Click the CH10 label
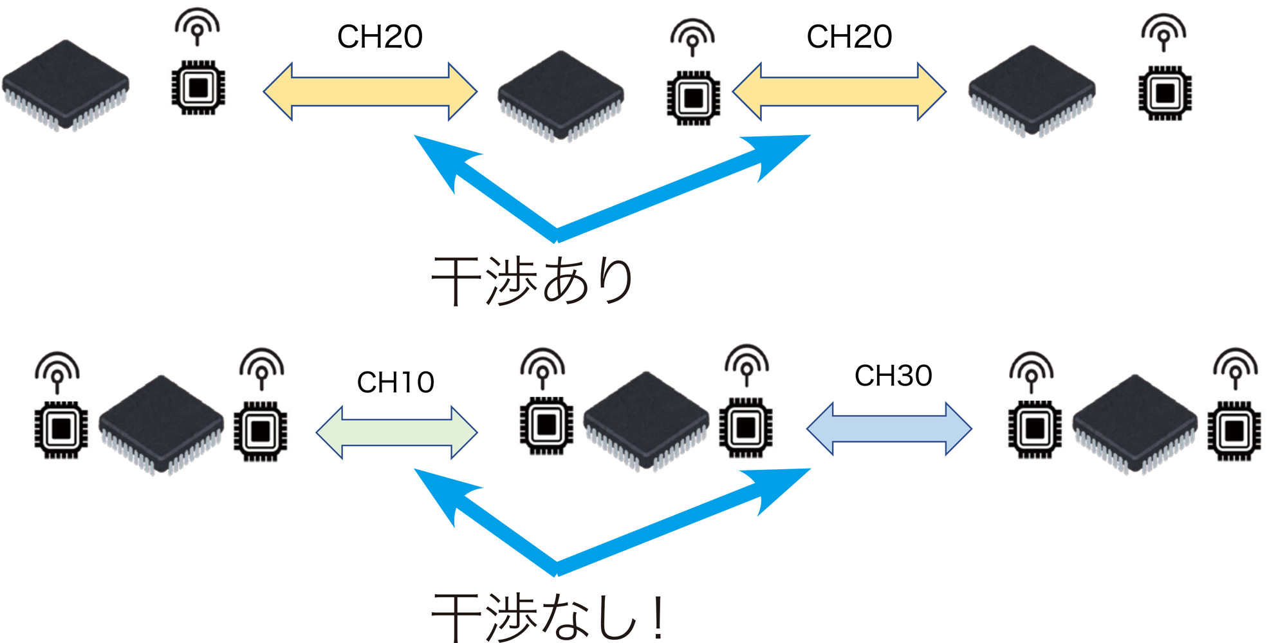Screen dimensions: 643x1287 tap(395, 382)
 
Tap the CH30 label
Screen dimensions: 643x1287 tap(893, 376)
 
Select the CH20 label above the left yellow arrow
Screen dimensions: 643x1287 tap(380, 37)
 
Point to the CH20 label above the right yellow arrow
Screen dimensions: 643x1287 tap(849, 37)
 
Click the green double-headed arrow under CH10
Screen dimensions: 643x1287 tap(396, 433)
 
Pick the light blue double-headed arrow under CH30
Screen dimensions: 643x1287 tap(889, 429)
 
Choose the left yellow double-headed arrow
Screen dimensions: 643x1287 tap(370, 92)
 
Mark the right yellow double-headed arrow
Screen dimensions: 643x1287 tap(839, 92)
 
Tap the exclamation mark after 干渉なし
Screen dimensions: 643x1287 tap(658, 617)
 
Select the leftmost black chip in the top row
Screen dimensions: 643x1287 tap(66, 85)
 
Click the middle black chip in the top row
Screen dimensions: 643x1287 tap(560, 95)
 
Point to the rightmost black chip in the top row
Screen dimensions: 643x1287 tap(1032, 90)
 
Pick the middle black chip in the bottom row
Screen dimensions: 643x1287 tap(646, 420)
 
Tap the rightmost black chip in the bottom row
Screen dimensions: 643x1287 tap(1134, 424)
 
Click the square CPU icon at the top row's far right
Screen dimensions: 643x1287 tap(1165, 93)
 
